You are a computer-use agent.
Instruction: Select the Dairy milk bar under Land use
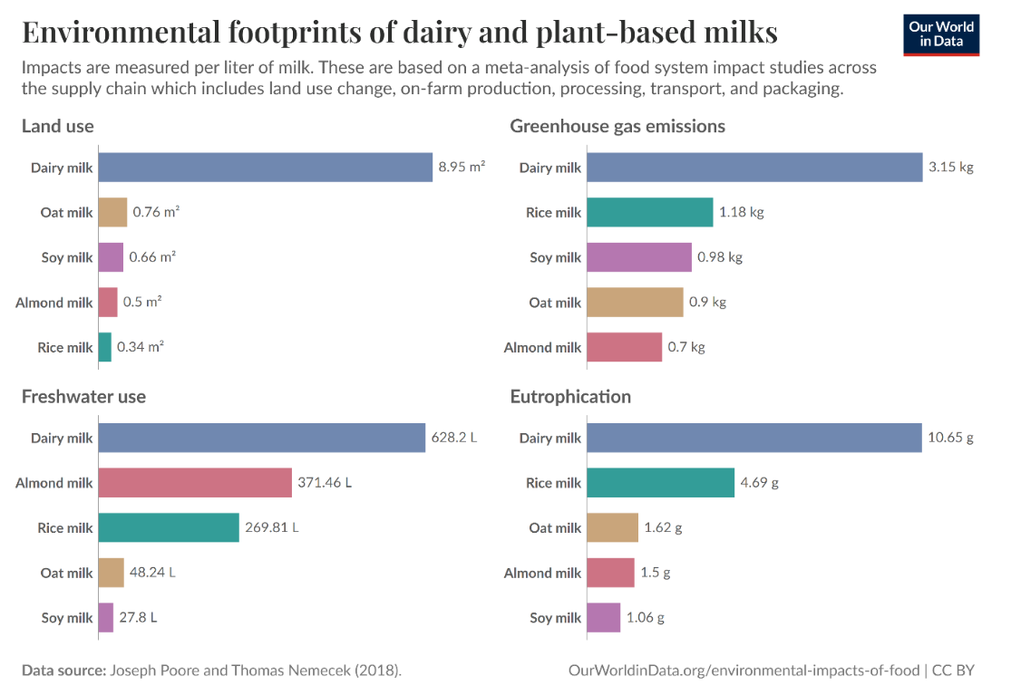(x=265, y=168)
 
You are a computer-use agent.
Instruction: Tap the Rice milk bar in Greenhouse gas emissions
(x=649, y=212)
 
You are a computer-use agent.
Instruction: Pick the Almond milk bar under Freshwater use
(x=195, y=483)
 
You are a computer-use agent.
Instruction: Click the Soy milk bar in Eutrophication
(x=603, y=618)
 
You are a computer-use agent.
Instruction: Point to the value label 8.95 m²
(x=462, y=168)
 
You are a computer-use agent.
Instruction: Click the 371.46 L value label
(x=324, y=483)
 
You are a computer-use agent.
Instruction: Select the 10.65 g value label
(x=950, y=438)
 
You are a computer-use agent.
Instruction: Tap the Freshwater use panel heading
(x=83, y=397)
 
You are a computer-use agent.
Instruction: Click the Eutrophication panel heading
(x=570, y=397)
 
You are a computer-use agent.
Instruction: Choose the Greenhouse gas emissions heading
(x=617, y=126)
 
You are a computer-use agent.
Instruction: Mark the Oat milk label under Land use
(x=66, y=213)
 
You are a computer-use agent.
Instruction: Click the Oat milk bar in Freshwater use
(x=111, y=573)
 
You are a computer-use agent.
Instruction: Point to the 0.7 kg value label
(x=686, y=347)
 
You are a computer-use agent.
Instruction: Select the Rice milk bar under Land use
(x=104, y=347)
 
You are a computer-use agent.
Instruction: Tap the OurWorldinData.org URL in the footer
(x=744, y=671)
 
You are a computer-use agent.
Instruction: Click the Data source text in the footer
(x=211, y=671)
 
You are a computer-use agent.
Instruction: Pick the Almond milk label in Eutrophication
(x=542, y=573)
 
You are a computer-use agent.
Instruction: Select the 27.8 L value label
(x=138, y=618)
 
